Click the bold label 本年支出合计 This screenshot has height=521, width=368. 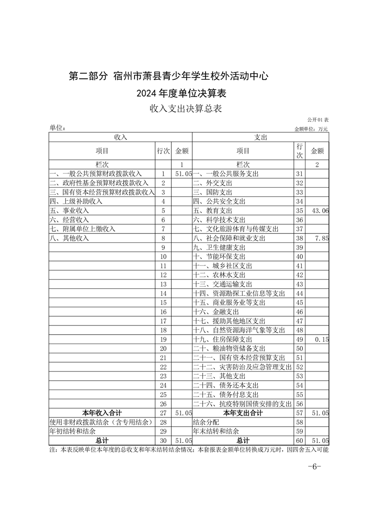pos(243,413)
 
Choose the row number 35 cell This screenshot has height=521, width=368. pos(299,211)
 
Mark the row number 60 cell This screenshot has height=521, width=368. pos(299,440)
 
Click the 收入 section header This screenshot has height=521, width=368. pos(121,137)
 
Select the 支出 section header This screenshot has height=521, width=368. pos(260,137)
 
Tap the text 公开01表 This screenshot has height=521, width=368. pos(318,120)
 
